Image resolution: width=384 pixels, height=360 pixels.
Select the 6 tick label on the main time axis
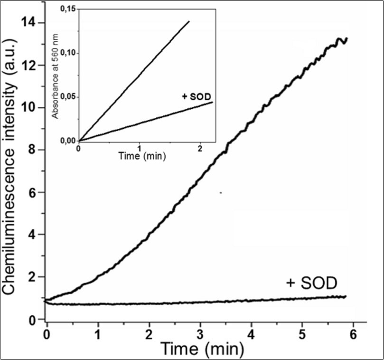click(x=353, y=334)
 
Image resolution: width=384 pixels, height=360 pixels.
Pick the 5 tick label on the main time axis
click(x=302, y=334)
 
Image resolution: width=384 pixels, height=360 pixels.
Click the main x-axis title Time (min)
click(x=202, y=349)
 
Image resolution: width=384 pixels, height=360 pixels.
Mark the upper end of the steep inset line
click(x=189, y=21)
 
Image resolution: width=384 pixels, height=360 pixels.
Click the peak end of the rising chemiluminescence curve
click(x=347, y=38)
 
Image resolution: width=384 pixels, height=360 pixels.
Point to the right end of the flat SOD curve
click(x=346, y=296)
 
